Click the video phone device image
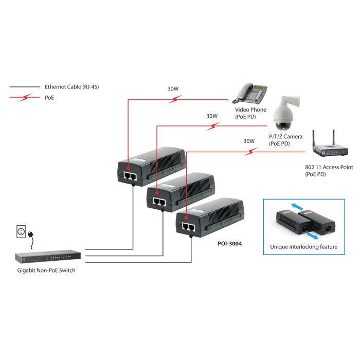251,93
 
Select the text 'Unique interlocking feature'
303,247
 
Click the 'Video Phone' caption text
251,110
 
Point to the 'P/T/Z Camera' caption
285,136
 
